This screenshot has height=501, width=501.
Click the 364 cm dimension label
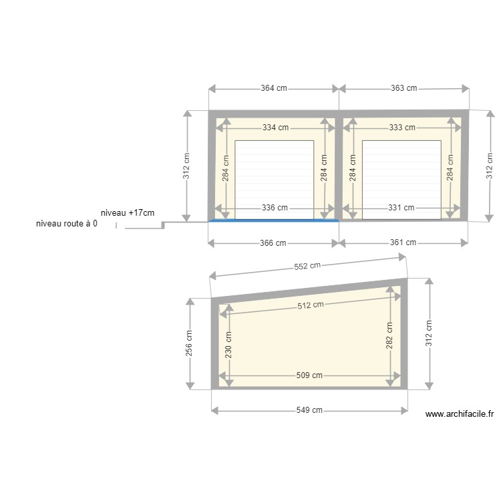274,88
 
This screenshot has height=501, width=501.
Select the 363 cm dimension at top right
403,88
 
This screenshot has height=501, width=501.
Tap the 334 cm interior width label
275,128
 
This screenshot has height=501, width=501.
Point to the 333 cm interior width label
401,128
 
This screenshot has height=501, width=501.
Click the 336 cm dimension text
275,208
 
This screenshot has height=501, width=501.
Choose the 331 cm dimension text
401,208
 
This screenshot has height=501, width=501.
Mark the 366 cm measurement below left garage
273,243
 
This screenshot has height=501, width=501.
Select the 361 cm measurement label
403,243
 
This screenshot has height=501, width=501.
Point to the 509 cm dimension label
309,375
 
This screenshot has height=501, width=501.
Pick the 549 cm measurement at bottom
309,410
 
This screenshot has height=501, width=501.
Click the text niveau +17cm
128,213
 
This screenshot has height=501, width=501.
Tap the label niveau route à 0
67,224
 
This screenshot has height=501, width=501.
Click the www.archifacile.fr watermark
459,414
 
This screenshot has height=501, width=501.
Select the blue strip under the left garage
274,220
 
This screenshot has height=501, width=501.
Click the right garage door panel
401,179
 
